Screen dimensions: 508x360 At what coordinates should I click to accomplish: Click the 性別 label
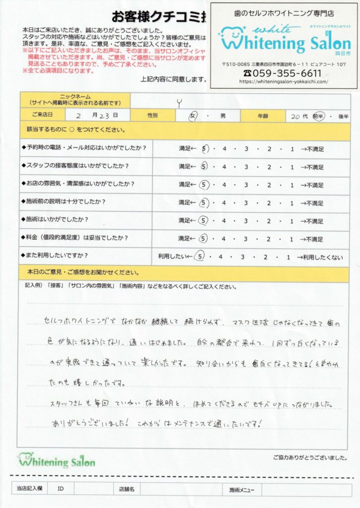(153, 116)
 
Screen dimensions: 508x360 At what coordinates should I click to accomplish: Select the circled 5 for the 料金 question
(203, 239)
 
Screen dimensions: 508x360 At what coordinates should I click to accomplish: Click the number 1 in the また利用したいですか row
(288, 256)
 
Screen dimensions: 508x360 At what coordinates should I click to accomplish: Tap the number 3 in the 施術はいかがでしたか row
(245, 220)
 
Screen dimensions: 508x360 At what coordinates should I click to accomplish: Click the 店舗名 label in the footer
(126, 489)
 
